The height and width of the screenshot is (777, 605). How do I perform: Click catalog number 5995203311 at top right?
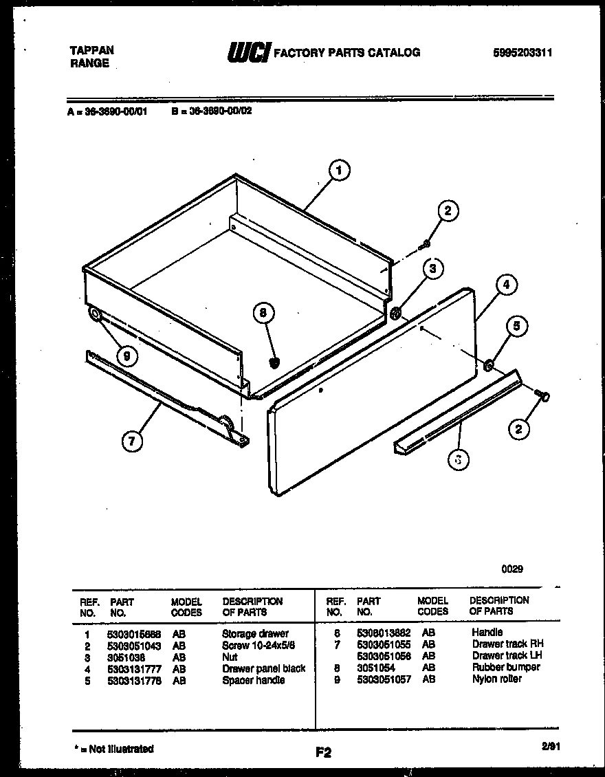pos(522,53)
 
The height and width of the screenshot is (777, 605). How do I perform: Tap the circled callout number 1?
pos(339,171)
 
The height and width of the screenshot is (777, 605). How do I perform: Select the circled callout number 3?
pos(432,269)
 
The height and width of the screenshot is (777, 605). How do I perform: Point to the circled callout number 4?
pos(506,285)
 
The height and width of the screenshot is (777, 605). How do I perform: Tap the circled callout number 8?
pos(263,314)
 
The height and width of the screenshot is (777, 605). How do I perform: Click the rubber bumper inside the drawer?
pos(275,362)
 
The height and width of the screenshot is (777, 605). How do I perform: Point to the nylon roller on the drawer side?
pos(94,316)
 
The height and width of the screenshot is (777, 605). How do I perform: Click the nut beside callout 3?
pos(396,315)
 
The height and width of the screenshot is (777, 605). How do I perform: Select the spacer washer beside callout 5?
pos(487,365)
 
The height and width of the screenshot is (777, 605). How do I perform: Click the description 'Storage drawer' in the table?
pos(255,633)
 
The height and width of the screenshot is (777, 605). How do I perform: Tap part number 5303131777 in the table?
pos(133,668)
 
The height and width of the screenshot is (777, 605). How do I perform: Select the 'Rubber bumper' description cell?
pos(505,667)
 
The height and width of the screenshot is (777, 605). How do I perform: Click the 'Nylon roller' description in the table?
pos(496,679)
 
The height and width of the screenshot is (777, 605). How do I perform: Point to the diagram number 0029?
pos(511,569)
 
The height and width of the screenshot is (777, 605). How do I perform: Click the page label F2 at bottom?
pos(323,753)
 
